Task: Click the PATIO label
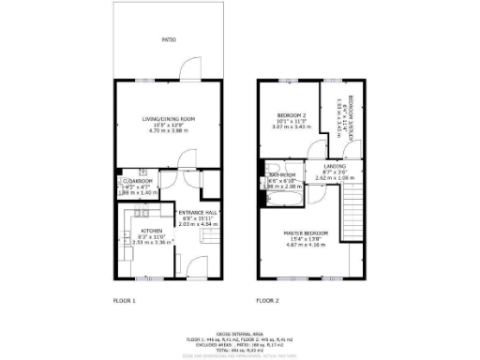(x=169, y=40)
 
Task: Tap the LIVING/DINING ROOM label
(x=169, y=118)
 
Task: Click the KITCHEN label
(x=152, y=231)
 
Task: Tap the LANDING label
(x=335, y=166)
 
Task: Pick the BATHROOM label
(x=282, y=175)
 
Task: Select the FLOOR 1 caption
(x=125, y=300)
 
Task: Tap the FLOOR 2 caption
(x=268, y=300)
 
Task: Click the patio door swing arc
(x=189, y=69)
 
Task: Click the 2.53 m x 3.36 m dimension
(x=152, y=241)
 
